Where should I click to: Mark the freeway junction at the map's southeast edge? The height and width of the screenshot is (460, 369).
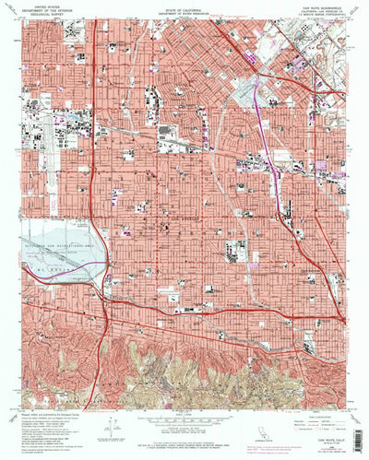(342, 318)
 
